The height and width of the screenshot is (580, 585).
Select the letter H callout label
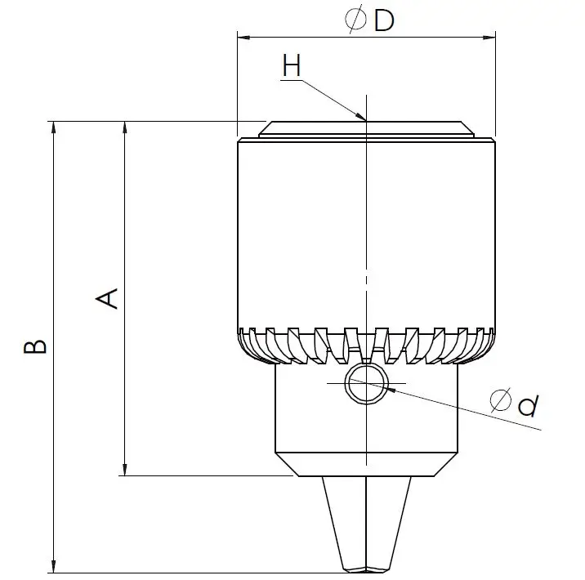click(x=292, y=65)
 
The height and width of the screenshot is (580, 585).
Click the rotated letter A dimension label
click(x=108, y=298)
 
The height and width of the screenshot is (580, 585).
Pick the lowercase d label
click(x=528, y=403)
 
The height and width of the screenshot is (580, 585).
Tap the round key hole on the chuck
click(x=366, y=382)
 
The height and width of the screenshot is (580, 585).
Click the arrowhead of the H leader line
click(x=360, y=117)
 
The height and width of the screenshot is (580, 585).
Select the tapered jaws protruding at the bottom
click(x=366, y=523)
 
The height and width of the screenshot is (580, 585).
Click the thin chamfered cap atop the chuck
click(x=366, y=129)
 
